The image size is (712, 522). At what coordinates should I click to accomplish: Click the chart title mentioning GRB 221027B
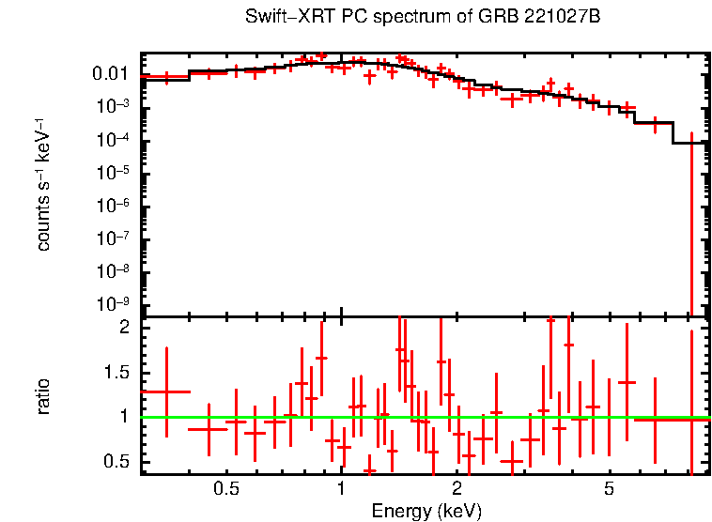423,17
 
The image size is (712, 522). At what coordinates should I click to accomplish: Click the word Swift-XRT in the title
279,17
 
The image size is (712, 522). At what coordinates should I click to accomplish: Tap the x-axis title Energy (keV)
426,511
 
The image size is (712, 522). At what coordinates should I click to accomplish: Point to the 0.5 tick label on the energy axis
225,489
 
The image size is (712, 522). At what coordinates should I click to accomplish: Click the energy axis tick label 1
341,489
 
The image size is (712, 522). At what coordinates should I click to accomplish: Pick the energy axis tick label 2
457,489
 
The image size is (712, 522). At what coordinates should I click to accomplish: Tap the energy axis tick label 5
609,489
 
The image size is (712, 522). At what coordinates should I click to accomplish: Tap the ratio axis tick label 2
123,328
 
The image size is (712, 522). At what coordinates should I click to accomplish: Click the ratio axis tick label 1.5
116,372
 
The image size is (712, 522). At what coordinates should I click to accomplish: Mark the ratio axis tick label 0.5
116,461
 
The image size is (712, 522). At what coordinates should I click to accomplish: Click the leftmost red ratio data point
166,391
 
